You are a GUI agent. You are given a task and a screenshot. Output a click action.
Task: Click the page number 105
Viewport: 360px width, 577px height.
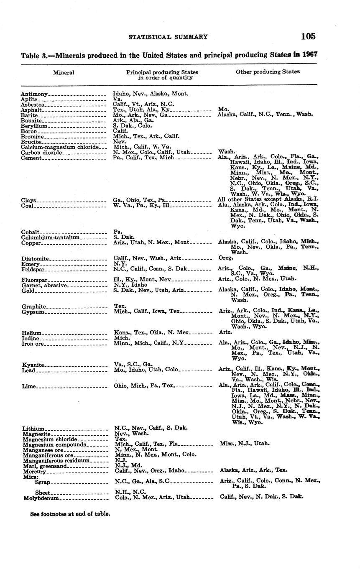click(308, 36)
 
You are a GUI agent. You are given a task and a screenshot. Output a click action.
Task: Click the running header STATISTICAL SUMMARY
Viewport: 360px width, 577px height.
click(168, 37)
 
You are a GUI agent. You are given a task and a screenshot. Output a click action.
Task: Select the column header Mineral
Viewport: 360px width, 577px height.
click(64, 72)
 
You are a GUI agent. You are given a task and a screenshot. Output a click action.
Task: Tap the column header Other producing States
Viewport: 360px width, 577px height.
click(268, 72)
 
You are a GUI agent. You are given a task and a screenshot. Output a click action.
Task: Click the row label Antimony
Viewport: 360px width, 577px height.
click(34, 94)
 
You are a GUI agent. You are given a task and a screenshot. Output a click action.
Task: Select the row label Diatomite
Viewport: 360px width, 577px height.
click(35, 259)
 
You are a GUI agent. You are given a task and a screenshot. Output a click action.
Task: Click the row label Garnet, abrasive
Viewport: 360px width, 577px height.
click(44, 286)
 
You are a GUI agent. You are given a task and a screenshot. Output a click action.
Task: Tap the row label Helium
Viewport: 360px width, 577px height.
click(31, 333)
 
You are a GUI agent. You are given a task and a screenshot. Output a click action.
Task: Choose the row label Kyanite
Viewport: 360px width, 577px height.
click(32, 365)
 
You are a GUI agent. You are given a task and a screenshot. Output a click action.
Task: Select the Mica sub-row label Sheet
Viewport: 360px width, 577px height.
click(43, 493)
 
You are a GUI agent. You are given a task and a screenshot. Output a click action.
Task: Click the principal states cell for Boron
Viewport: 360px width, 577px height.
click(120, 131)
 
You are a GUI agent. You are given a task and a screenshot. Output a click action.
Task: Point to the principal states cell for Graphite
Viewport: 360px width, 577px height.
click(120, 306)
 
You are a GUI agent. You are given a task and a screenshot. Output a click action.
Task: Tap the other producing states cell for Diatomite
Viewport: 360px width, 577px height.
click(226, 258)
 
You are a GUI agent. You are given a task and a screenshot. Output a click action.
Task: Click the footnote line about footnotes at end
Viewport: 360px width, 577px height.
click(70, 514)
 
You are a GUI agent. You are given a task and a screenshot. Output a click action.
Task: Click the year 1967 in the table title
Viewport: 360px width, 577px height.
click(309, 55)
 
